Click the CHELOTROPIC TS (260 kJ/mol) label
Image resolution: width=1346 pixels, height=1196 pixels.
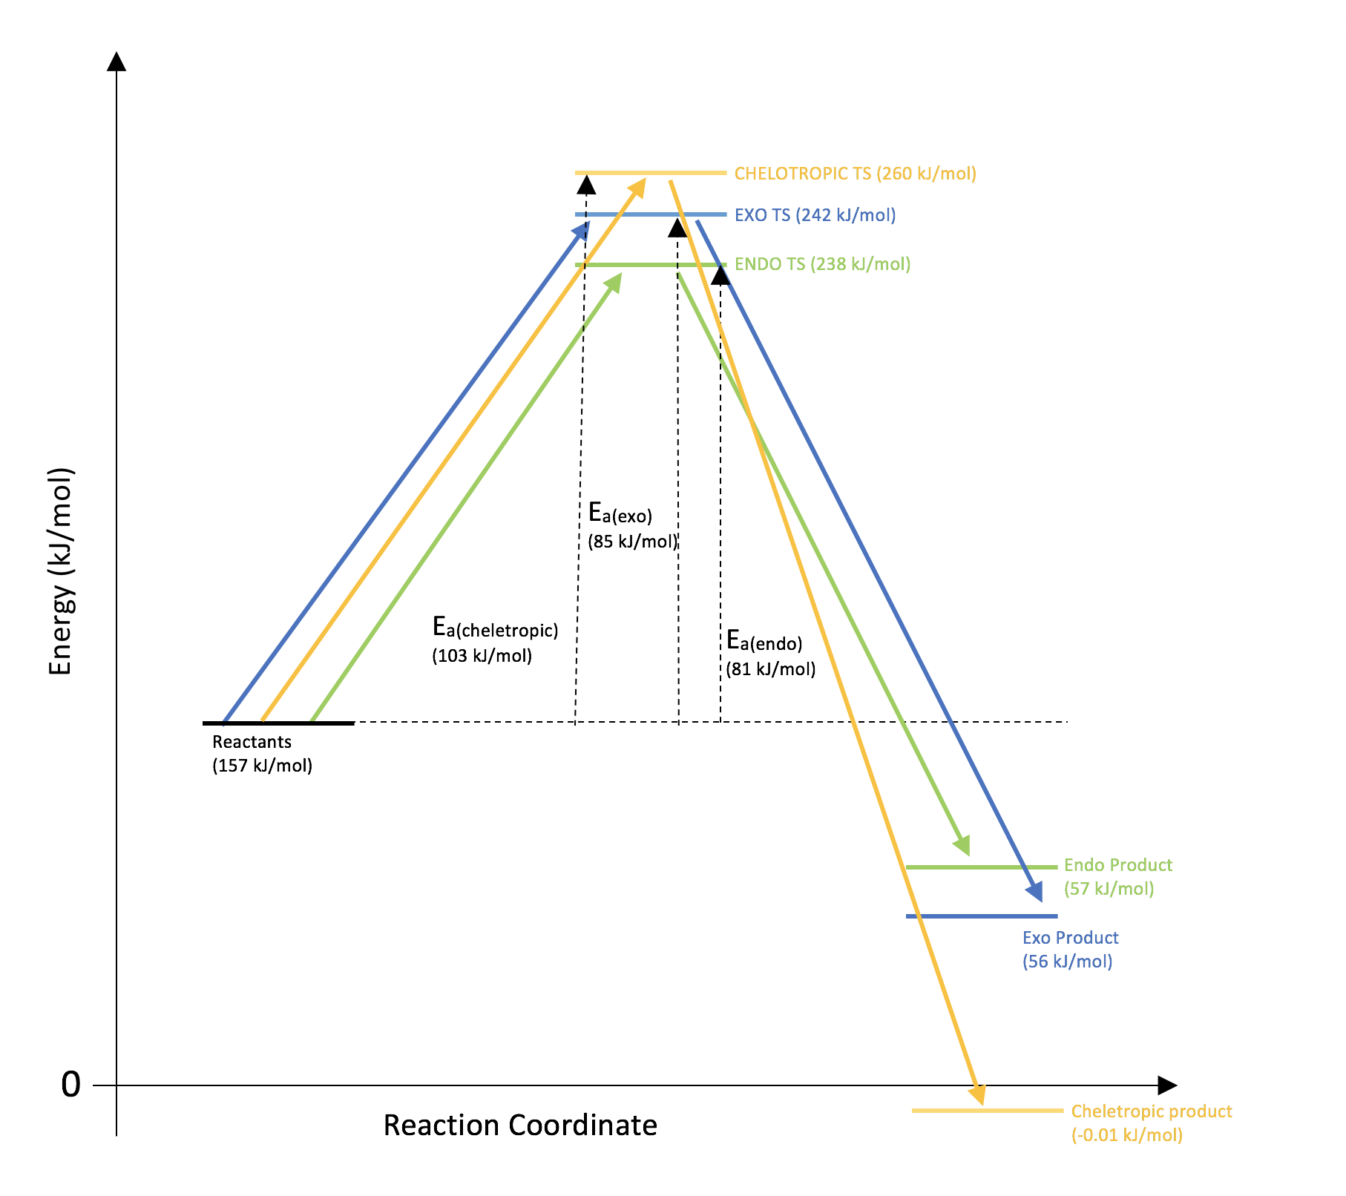pyautogui.click(x=855, y=174)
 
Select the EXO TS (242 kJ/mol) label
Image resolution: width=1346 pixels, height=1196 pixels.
pyautogui.click(x=815, y=215)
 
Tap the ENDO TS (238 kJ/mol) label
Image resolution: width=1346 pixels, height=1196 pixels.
pyautogui.click(x=822, y=264)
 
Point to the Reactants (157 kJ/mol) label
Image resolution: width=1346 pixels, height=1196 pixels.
pyautogui.click(x=262, y=753)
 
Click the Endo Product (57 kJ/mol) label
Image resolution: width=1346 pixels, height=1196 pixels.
pyautogui.click(x=1117, y=876)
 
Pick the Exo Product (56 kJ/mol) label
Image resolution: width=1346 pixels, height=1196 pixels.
pyautogui.click(x=1070, y=949)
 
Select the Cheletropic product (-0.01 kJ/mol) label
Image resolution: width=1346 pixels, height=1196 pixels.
pyautogui.click(x=1151, y=1123)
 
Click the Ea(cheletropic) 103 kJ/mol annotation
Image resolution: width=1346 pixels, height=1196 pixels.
pyautogui.click(x=494, y=640)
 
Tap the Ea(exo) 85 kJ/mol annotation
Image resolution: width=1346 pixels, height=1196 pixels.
pyautogui.click(x=631, y=526)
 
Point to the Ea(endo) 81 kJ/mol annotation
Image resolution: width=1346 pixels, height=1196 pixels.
pyautogui.click(x=770, y=653)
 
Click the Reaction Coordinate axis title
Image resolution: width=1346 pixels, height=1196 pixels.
pyautogui.click(x=520, y=1125)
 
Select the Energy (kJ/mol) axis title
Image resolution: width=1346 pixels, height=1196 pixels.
pyautogui.click(x=61, y=571)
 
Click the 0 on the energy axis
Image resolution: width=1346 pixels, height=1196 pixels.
pyautogui.click(x=70, y=1085)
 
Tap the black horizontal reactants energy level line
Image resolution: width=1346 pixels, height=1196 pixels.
pyautogui.click(x=278, y=723)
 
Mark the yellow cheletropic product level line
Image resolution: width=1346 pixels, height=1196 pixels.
pyautogui.click(x=987, y=1111)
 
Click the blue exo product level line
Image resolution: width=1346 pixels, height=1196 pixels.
pyautogui.click(x=981, y=916)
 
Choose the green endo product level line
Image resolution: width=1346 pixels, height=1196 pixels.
pyautogui.click(x=981, y=867)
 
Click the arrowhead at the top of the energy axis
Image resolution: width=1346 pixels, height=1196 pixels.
pyautogui.click(x=116, y=61)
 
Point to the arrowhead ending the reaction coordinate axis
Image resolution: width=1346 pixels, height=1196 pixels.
pyautogui.click(x=1167, y=1085)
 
